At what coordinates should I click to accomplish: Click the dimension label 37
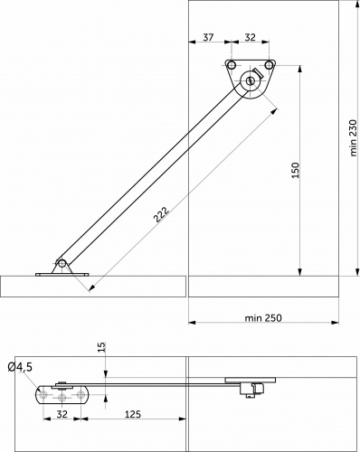pos(208,37)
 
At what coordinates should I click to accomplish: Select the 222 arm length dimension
pos(161,214)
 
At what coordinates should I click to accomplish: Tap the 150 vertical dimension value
pos(296,170)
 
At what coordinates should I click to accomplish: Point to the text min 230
pos(354,138)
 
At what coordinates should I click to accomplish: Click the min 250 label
pos(263,318)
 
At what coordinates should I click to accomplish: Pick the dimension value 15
pos(102,347)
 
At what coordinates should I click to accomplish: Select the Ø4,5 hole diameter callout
pos(20,367)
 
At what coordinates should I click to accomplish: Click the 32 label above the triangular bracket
pos(250,37)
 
